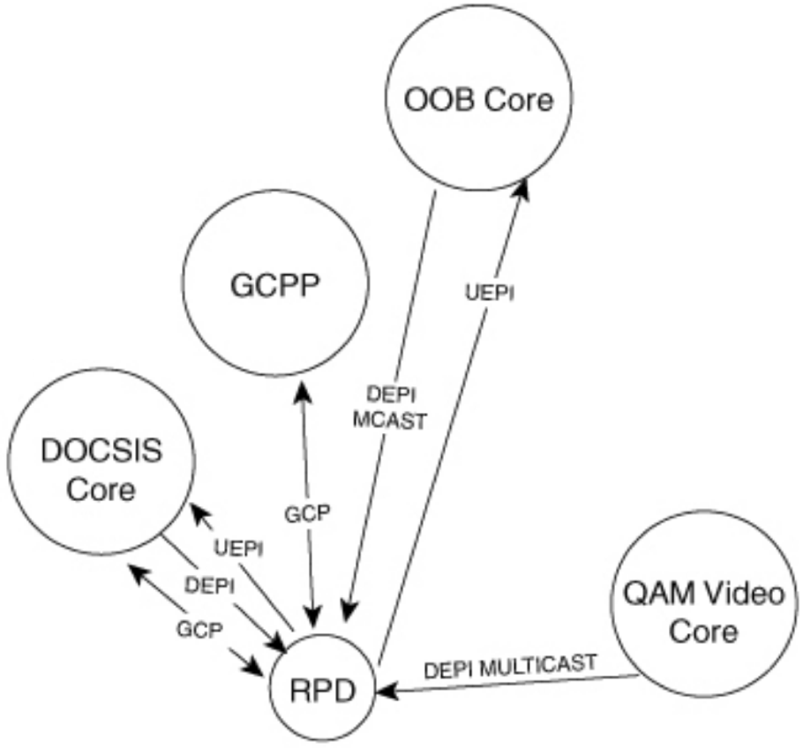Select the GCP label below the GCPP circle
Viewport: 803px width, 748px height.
[307, 514]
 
